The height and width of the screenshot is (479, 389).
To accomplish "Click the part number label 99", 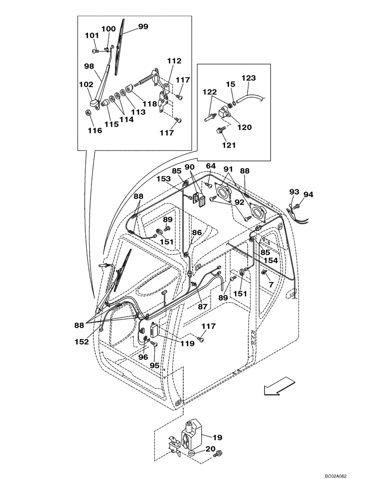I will coord(143,27).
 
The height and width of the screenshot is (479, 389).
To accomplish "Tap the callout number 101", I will coord(92,35).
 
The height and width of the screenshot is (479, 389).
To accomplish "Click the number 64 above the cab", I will coord(211,166).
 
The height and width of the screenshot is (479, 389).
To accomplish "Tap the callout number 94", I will coord(308,194).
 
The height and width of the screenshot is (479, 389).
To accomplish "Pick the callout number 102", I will coord(86,84).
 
